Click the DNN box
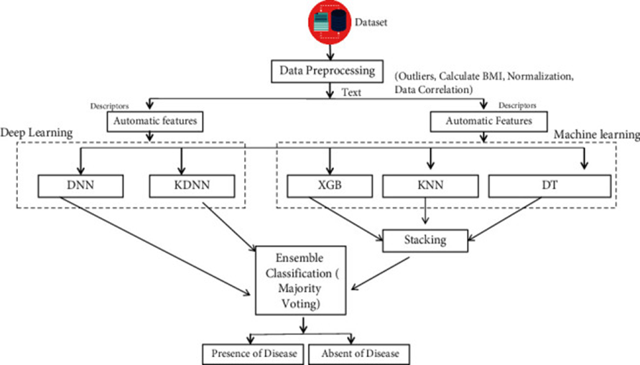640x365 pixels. (73, 186)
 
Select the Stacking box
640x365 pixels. (425, 241)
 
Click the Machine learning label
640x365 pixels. (596, 134)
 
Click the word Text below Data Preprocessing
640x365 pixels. (350, 92)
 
